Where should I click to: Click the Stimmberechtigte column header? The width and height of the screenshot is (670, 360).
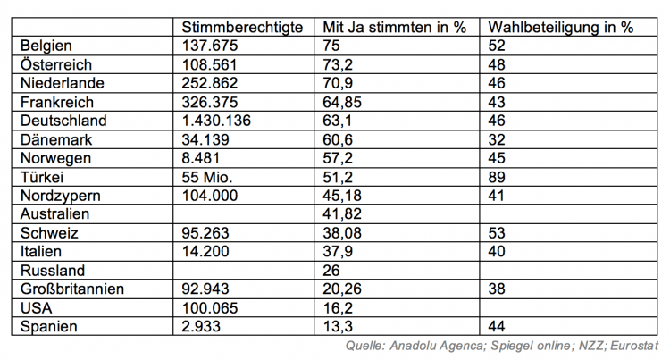(x=241, y=27)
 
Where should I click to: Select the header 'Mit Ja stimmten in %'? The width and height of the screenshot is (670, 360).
(x=393, y=27)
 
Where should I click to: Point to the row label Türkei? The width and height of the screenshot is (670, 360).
(x=41, y=177)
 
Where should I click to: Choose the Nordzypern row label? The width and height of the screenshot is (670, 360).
(x=58, y=195)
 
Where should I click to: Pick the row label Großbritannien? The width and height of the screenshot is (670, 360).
(x=71, y=289)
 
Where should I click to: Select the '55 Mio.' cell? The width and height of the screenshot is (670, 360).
(x=207, y=177)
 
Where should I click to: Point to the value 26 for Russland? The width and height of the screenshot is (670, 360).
(x=332, y=270)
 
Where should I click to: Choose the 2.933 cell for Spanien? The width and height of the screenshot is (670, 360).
(x=200, y=326)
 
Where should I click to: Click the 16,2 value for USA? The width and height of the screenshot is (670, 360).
(x=338, y=307)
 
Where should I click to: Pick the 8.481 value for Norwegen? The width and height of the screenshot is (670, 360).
(x=200, y=158)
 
